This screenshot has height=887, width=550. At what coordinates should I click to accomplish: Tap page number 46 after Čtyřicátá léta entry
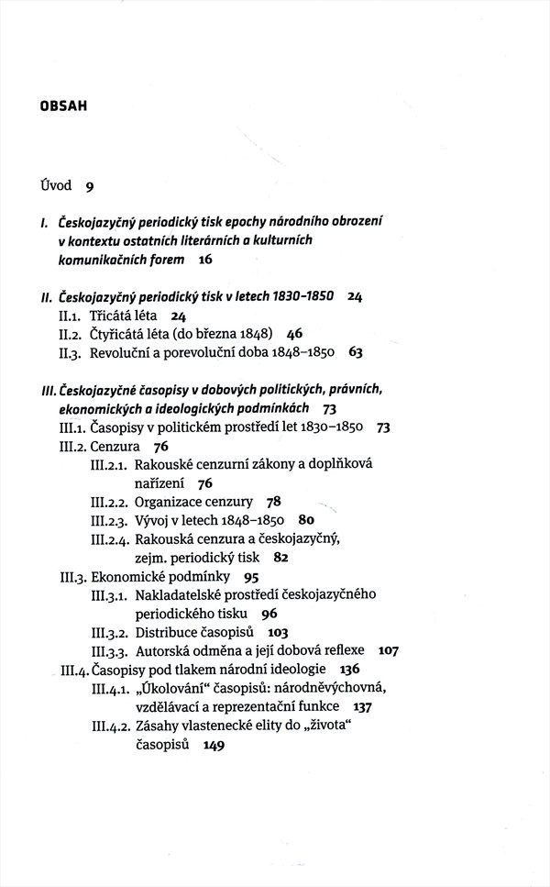(294, 333)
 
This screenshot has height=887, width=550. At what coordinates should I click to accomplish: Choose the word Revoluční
(124, 351)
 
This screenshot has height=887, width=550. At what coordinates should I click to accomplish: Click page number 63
(356, 351)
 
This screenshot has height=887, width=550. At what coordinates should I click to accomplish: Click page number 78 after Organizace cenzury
(273, 502)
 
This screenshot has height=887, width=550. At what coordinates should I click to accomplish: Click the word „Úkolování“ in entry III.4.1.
(176, 688)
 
